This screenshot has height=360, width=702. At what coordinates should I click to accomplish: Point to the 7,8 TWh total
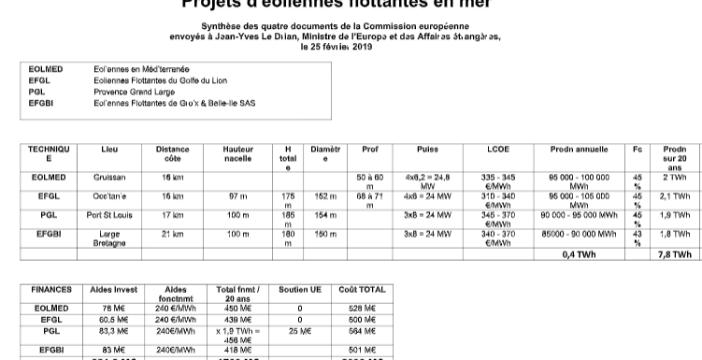point(674,253)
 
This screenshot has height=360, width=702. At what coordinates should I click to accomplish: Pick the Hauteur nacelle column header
point(237,153)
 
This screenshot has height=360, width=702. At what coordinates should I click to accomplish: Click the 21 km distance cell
point(172,234)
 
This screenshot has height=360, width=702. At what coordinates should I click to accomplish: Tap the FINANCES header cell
point(51,290)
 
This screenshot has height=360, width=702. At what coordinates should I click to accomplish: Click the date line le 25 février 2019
point(350,46)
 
